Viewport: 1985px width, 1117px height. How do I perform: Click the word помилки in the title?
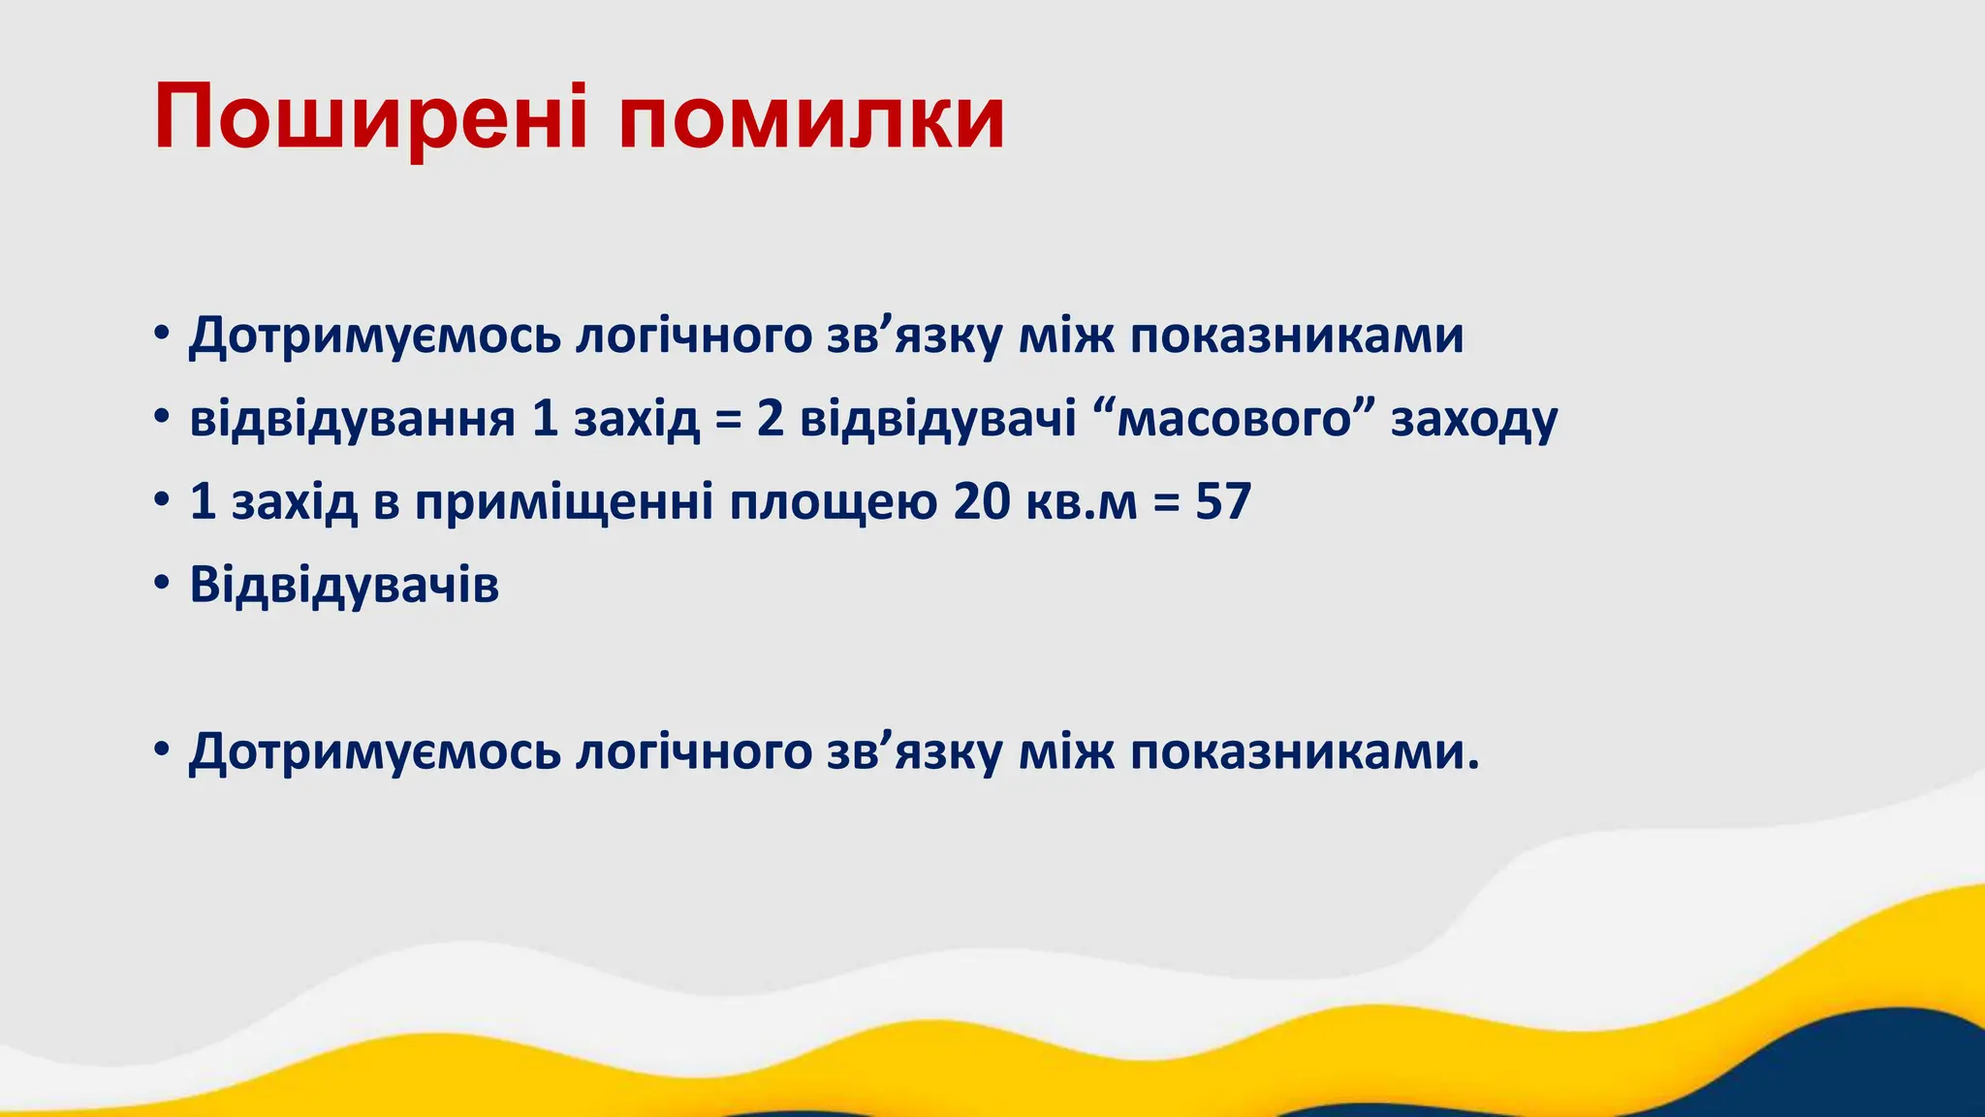click(812, 118)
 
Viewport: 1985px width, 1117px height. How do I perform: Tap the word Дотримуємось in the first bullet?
click(375, 336)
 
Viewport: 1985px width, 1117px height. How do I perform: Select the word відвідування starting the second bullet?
click(352, 420)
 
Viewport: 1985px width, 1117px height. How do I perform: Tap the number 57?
click(1223, 502)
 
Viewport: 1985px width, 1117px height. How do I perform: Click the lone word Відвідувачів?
click(344, 586)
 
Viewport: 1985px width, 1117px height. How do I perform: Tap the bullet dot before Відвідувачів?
click(162, 586)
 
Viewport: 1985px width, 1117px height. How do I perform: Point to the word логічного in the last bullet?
click(694, 753)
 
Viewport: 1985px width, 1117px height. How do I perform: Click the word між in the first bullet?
click(1066, 336)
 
